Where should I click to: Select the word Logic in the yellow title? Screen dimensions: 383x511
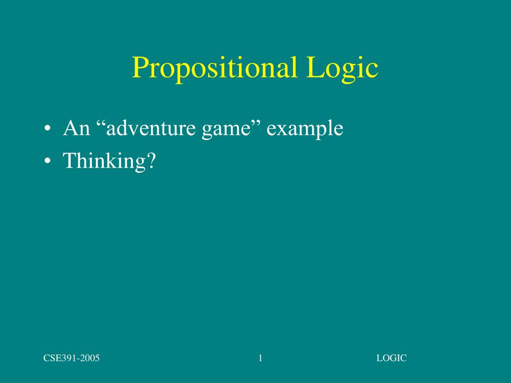[342, 69]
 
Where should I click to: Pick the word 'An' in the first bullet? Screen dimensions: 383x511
[76, 129]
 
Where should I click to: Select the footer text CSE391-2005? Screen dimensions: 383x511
[71, 358]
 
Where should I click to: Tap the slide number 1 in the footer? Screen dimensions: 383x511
[260, 358]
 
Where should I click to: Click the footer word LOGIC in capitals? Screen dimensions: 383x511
[392, 358]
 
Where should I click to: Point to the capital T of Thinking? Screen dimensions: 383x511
[69, 161]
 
